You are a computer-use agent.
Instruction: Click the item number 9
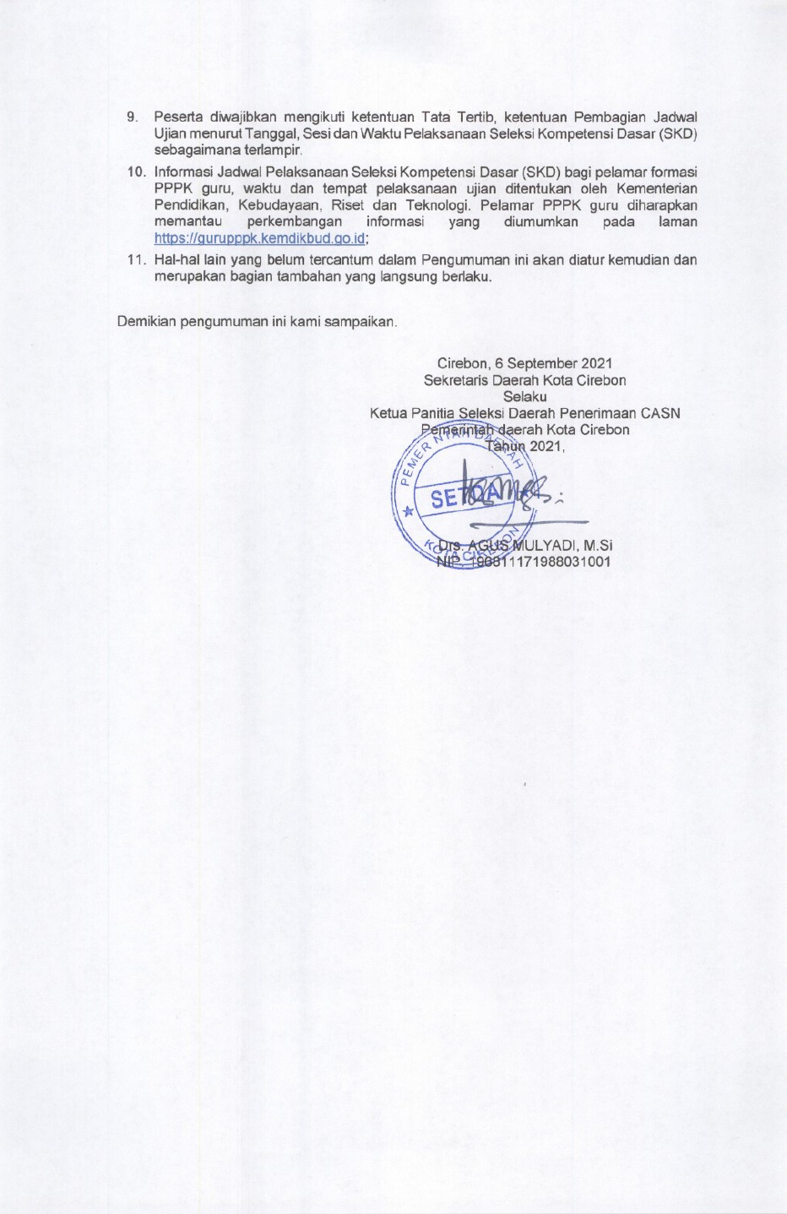pyautogui.click(x=131, y=117)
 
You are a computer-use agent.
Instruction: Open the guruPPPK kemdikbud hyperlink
pyautogui.click(x=259, y=238)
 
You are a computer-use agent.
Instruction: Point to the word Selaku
pyautogui.click(x=524, y=396)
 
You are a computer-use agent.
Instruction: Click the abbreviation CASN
pyautogui.click(x=660, y=413)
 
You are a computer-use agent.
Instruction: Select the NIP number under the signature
pyautogui.click(x=541, y=562)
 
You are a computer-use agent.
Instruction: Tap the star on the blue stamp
pyautogui.click(x=410, y=511)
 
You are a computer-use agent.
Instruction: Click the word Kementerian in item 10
pyautogui.click(x=657, y=188)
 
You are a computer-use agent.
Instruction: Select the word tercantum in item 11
pyautogui.click(x=334, y=260)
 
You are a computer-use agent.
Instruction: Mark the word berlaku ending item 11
pyautogui.click(x=467, y=276)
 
